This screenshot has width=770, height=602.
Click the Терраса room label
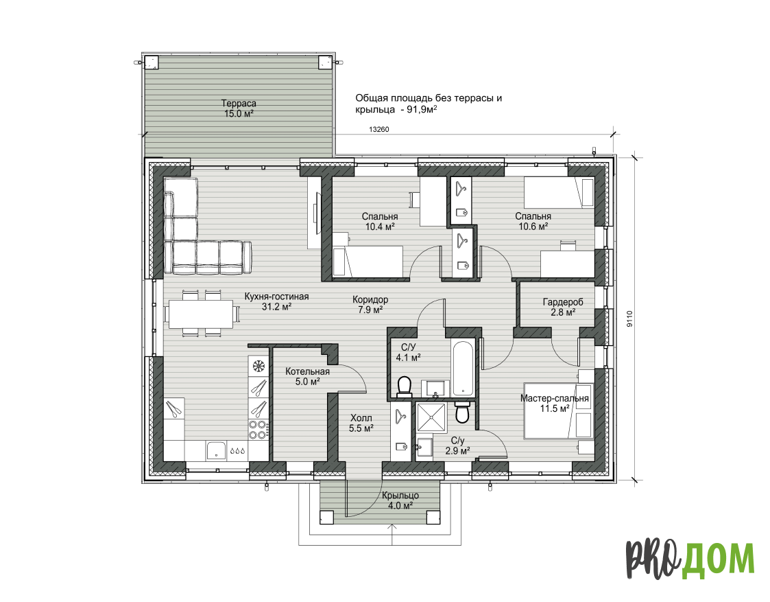coord(239,104)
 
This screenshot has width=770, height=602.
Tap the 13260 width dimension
coord(378,130)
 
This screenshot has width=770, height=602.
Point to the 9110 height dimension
coord(630,319)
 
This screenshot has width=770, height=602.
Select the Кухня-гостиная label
coord(276,297)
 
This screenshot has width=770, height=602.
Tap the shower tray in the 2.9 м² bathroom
coord(431,418)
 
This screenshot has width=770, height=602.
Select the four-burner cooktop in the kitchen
coord(258,430)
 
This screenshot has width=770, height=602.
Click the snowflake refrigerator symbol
coord(258,366)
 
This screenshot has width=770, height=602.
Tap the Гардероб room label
coord(563,302)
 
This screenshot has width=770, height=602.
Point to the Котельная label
coord(307,371)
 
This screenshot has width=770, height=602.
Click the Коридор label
coord(370,299)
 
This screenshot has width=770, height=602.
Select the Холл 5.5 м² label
coord(361,423)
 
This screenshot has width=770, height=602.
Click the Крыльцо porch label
coord(400,496)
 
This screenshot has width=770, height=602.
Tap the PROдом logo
coord(690,559)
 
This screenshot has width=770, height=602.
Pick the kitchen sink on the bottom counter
coord(216,450)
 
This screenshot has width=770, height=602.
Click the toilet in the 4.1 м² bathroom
coord(405,386)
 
